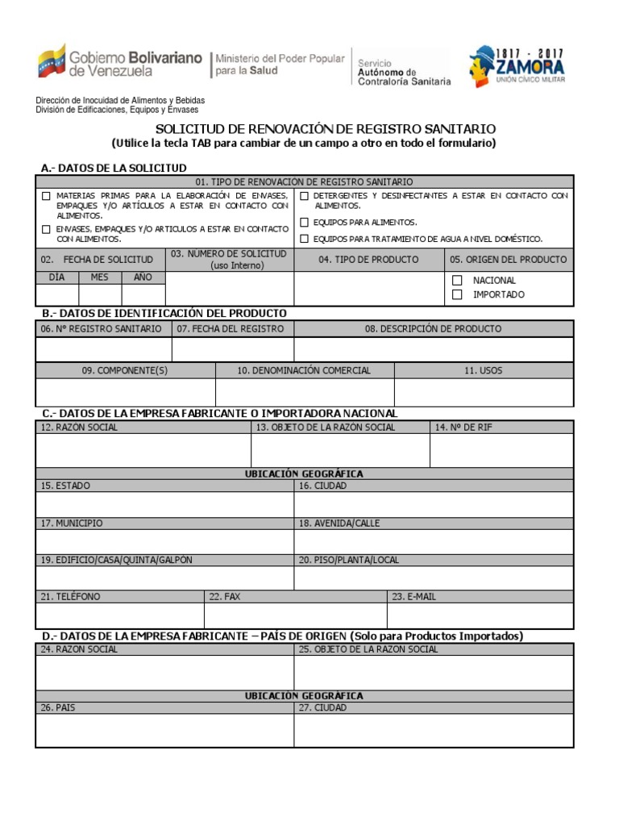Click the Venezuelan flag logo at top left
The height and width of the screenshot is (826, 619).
pos(51,61)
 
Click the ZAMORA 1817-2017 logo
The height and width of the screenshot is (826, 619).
pos(517,65)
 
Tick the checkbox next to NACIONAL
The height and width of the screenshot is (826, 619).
pos(457,280)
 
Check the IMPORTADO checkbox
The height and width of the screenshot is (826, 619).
pos(457,294)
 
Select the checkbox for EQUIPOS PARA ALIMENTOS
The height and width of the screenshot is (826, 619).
pos(304,222)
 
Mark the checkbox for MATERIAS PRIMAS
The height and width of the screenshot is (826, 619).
pos(45,196)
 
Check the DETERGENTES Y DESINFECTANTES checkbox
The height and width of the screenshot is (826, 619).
pos(304,196)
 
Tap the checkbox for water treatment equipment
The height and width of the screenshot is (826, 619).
pos(304,239)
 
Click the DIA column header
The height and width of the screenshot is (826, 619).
pos(56,277)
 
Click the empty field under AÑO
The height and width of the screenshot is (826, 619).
pos(143,294)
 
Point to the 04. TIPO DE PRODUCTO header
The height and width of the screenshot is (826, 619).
pos(368,260)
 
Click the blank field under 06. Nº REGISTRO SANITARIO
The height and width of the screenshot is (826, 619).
pos(103,349)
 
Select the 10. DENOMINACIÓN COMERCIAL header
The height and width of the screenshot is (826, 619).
pos(304,370)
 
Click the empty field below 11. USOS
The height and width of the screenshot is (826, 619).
pos(484,392)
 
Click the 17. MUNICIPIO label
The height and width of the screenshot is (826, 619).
pos(72,524)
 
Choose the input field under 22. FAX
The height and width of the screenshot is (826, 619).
pos(295,615)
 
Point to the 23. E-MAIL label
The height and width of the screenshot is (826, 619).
pos(413,597)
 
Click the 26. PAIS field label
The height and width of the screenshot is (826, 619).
pos(58,707)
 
